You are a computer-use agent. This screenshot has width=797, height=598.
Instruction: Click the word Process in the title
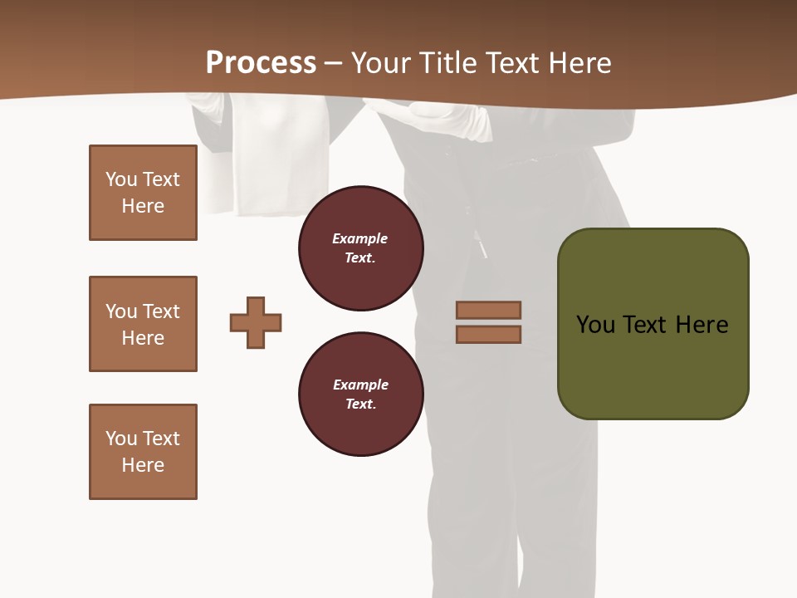(x=261, y=63)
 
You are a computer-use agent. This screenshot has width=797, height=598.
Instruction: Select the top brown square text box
(x=143, y=193)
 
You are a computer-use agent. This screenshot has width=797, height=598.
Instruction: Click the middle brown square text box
(x=143, y=324)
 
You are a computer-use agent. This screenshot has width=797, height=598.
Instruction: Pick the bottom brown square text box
(x=143, y=452)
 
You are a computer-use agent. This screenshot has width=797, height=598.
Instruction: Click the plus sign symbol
(x=256, y=322)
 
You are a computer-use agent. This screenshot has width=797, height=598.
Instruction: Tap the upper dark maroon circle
(x=360, y=248)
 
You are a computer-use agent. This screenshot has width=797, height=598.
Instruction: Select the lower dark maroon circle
(x=360, y=395)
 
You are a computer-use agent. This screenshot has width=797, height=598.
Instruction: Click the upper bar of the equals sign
(x=488, y=310)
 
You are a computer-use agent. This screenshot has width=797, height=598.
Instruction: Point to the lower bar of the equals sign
(x=488, y=334)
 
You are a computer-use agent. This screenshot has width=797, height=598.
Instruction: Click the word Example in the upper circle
(x=359, y=238)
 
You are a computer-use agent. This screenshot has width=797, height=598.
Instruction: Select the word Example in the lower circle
(x=360, y=385)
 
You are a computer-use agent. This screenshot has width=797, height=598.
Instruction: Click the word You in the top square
(x=120, y=179)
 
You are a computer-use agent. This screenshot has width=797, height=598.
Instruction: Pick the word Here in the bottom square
(x=143, y=465)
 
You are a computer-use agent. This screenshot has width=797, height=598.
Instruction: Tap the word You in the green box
(x=595, y=325)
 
